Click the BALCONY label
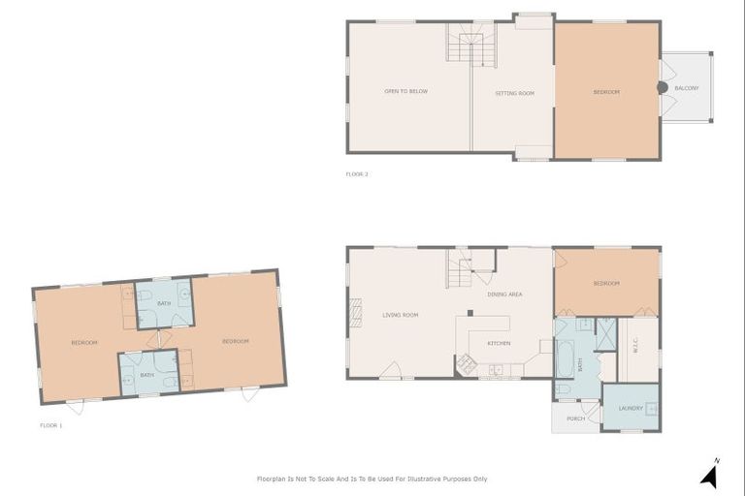tap(687, 88)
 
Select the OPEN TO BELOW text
tap(405, 92)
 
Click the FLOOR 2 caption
tap(357, 174)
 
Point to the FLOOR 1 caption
tap(50, 425)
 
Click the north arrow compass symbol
tap(709, 475)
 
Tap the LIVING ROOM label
tap(400, 315)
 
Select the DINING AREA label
tap(504, 293)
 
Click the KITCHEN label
tap(499, 343)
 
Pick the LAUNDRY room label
tap(631, 408)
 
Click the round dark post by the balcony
tap(663, 88)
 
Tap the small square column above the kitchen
tap(470, 312)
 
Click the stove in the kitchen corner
tap(467, 364)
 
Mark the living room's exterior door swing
tap(392, 370)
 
